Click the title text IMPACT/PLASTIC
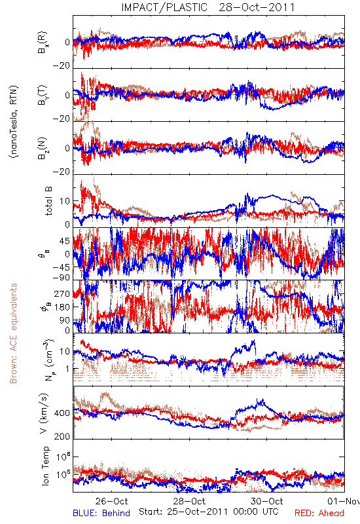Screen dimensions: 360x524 pyautogui.click(x=164, y=7)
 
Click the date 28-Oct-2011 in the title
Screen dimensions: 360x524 pyautogui.click(x=257, y=7)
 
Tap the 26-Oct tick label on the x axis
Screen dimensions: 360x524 pyautogui.click(x=111, y=501)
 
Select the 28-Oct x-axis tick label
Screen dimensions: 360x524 pyautogui.click(x=189, y=501)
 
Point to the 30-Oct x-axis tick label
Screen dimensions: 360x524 pyautogui.click(x=267, y=501)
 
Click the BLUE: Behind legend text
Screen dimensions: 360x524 pyautogui.click(x=101, y=513)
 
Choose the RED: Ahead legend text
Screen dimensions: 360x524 pyautogui.click(x=319, y=513)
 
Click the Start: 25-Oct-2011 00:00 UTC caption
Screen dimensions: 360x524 pyautogui.click(x=209, y=512)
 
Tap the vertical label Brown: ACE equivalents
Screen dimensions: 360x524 pyautogui.click(x=13, y=333)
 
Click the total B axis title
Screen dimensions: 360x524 pyautogui.click(x=48, y=201)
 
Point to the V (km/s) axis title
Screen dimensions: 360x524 pyautogui.click(x=44, y=413)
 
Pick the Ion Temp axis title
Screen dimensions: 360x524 pyautogui.click(x=45, y=466)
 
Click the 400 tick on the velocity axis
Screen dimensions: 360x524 pyautogui.click(x=62, y=413)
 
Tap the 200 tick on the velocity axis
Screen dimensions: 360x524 pyautogui.click(x=62, y=436)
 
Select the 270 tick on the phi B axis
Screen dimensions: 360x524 pyautogui.click(x=62, y=294)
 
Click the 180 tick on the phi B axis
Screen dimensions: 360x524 pyautogui.click(x=62, y=307)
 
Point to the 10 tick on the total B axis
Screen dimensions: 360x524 pyautogui.click(x=65, y=201)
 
